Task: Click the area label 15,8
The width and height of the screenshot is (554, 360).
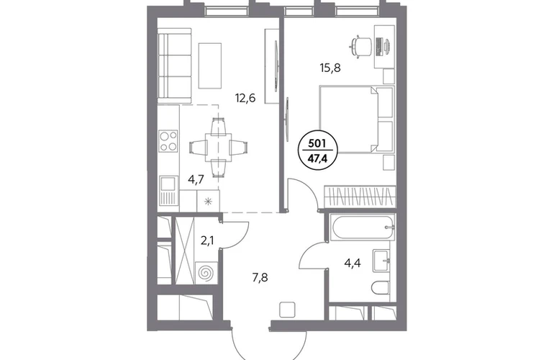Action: [x=330, y=68]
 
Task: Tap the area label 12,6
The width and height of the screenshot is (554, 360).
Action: [x=245, y=98]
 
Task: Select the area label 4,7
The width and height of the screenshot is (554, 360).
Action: [x=196, y=180]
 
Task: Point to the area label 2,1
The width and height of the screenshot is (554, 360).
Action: [x=207, y=240]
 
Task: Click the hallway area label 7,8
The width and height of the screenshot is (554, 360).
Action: [x=260, y=278]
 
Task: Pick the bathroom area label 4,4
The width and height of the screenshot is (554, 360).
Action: [x=353, y=263]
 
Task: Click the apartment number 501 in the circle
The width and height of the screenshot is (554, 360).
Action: [x=317, y=143]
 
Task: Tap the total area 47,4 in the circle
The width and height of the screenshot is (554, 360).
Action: [x=317, y=158]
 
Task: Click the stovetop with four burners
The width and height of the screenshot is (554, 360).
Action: [x=168, y=141]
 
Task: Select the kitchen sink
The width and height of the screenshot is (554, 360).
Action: [x=168, y=184]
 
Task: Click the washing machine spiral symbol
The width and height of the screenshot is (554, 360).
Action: [x=206, y=274]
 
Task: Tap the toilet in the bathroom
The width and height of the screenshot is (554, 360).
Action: [x=381, y=288]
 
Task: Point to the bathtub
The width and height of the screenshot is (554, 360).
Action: [x=363, y=227]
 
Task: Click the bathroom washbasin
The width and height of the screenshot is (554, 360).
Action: [x=381, y=261]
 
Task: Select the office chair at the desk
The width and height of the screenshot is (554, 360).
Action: [x=360, y=45]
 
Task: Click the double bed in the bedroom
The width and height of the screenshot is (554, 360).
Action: [x=356, y=120]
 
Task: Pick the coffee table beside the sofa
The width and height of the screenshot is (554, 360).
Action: [x=210, y=66]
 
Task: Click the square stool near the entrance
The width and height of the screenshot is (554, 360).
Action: [x=287, y=310]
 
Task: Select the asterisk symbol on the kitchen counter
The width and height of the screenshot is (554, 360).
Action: [x=208, y=202]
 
